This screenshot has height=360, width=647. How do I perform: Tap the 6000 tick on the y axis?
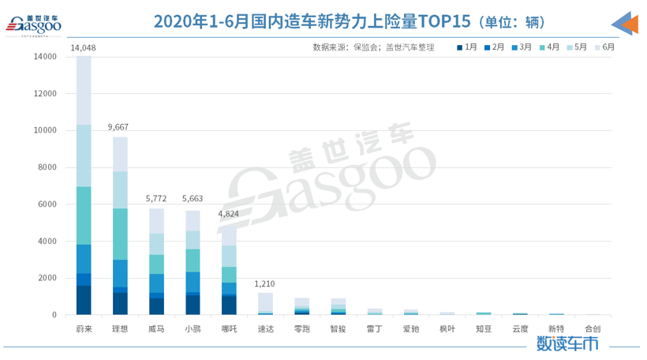(x=46, y=204)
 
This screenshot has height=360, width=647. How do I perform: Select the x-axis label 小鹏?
(x=193, y=328)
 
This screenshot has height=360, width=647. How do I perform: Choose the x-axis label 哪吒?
(x=229, y=328)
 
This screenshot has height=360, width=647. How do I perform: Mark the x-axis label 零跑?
(x=301, y=328)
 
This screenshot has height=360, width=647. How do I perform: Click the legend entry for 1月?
(x=466, y=47)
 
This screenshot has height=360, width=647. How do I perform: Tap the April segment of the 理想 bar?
(x=120, y=234)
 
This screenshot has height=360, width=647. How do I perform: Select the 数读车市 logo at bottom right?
(x=567, y=343)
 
